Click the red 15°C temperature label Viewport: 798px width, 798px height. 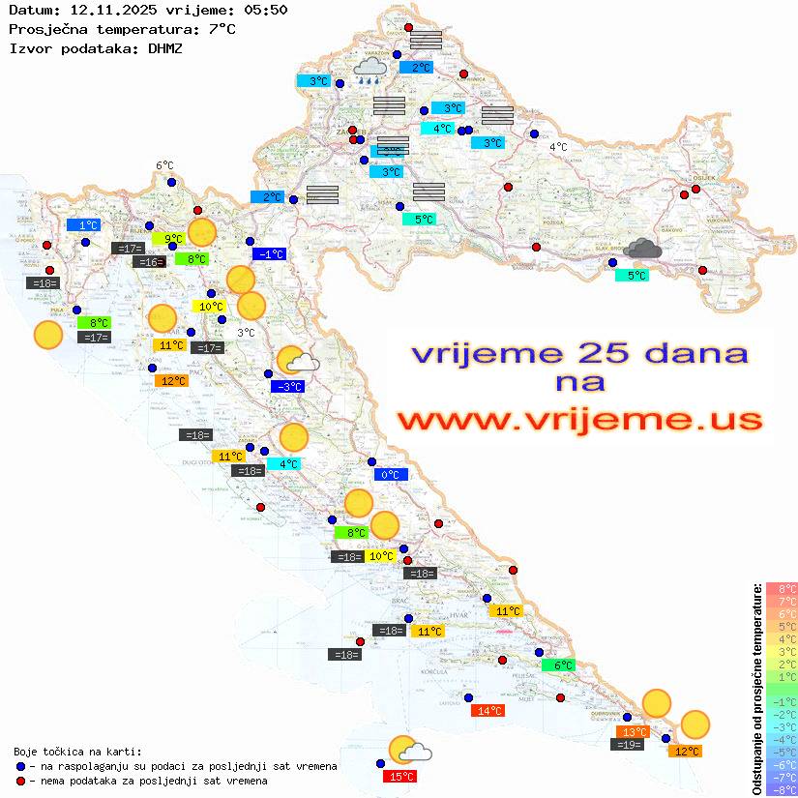pyautogui.click(x=399, y=777)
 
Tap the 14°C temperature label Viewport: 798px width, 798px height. pyautogui.click(x=487, y=711)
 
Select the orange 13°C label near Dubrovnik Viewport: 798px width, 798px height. pyautogui.click(x=635, y=732)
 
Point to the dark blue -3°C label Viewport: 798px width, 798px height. pyautogui.click(x=288, y=387)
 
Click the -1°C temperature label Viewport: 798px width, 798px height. pyautogui.click(x=269, y=254)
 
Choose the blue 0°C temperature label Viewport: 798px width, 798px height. pyautogui.click(x=391, y=475)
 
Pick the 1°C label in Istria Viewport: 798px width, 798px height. pyautogui.click(x=83, y=224)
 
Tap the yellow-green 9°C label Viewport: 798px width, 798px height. pyautogui.click(x=167, y=238)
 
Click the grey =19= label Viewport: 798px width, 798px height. pyautogui.click(x=629, y=745)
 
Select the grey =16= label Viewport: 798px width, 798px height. pyautogui.click(x=149, y=262)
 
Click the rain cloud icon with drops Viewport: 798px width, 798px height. pyautogui.click(x=369, y=70)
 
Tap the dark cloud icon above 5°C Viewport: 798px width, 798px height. pyautogui.click(x=641, y=251)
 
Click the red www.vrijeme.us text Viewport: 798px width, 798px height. pyautogui.click(x=579, y=420)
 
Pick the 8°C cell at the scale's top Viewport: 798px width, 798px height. pyautogui.click(x=781, y=589)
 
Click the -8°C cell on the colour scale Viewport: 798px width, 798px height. pyautogui.click(x=781, y=790)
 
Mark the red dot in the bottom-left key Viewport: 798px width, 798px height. pyautogui.click(x=21, y=780)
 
